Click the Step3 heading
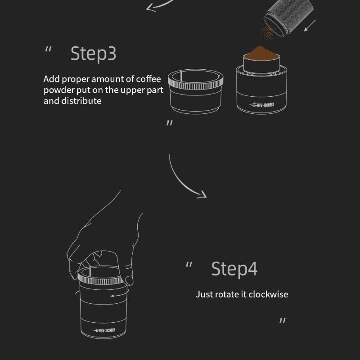pyautogui.click(x=93, y=54)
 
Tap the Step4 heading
pyautogui.click(x=234, y=269)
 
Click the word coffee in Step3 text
pyautogui.click(x=148, y=79)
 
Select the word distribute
pyautogui.click(x=81, y=101)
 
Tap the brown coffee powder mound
pyautogui.click(x=261, y=54)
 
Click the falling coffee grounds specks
pyautogui.click(x=268, y=32)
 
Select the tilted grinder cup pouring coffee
pyautogui.click(x=288, y=17)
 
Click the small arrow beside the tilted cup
pyautogui.click(x=310, y=26)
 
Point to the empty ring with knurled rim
pyautogui.click(x=196, y=91)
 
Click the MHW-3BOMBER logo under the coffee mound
pyautogui.click(x=261, y=105)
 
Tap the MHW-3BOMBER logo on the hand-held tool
pyautogui.click(x=103, y=330)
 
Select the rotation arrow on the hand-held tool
pyautogui.click(x=120, y=294)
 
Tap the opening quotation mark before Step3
pyautogui.click(x=48, y=49)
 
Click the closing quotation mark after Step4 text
pyautogui.click(x=283, y=320)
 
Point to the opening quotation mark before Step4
pyautogui.click(x=189, y=264)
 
